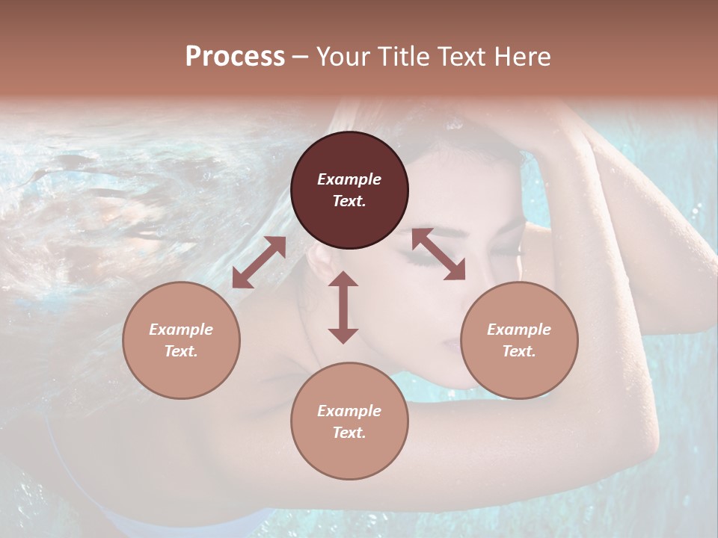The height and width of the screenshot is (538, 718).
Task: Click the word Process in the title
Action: coord(235,56)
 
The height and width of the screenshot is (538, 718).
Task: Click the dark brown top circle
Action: coord(349,190)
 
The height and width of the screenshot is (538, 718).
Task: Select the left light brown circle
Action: coord(181,340)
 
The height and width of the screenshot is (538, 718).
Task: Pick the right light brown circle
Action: coord(519,340)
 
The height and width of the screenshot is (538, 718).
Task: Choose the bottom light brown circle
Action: coord(349,421)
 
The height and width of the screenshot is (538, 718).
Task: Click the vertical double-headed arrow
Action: coord(343,307)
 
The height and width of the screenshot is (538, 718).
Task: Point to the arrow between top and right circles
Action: coord(438,254)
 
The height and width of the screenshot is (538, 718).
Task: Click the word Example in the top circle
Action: coord(349,179)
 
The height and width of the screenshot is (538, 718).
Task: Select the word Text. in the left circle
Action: coord(181,351)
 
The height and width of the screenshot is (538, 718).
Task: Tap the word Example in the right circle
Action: coord(519,330)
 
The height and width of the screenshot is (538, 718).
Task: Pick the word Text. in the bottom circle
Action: coord(349,433)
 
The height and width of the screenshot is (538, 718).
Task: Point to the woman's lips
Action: coord(450,345)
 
